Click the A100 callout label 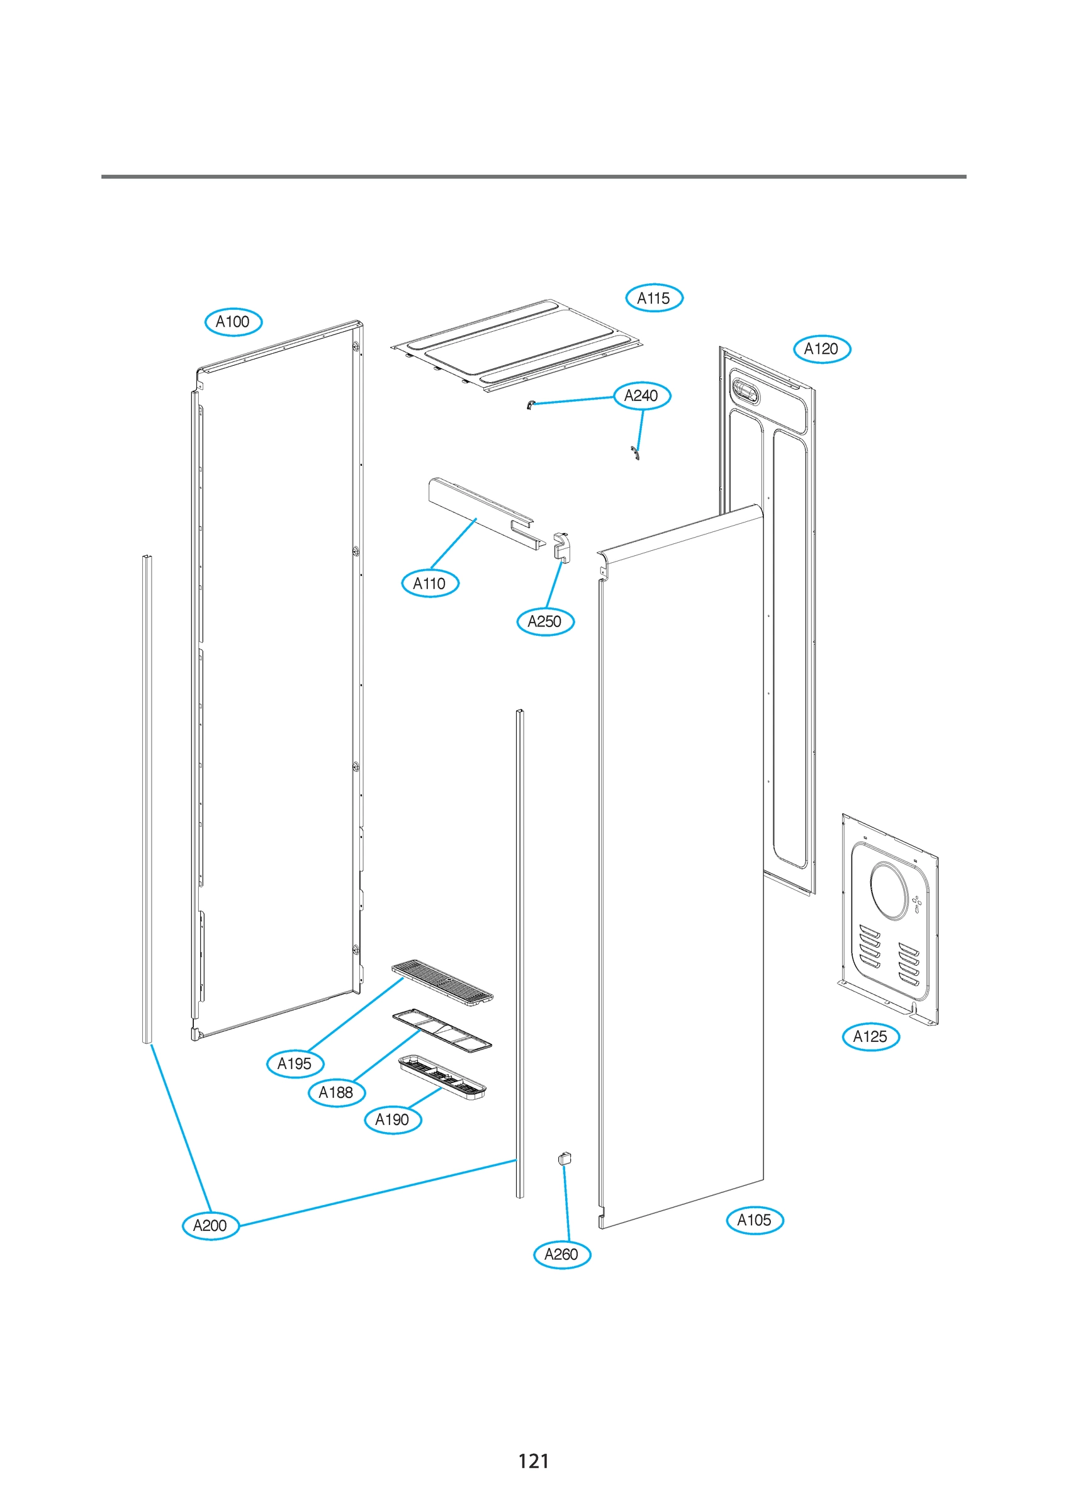(233, 322)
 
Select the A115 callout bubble (653, 298)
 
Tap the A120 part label (821, 349)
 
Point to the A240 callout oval (641, 395)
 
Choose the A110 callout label (429, 583)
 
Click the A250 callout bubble (545, 621)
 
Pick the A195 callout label (294, 1063)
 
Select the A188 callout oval (336, 1092)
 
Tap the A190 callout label (392, 1119)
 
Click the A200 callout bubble (210, 1225)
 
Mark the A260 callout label (561, 1254)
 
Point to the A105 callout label (754, 1220)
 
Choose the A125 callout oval (870, 1036)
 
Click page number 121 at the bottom (533, 1461)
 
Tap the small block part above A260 (565, 1158)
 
